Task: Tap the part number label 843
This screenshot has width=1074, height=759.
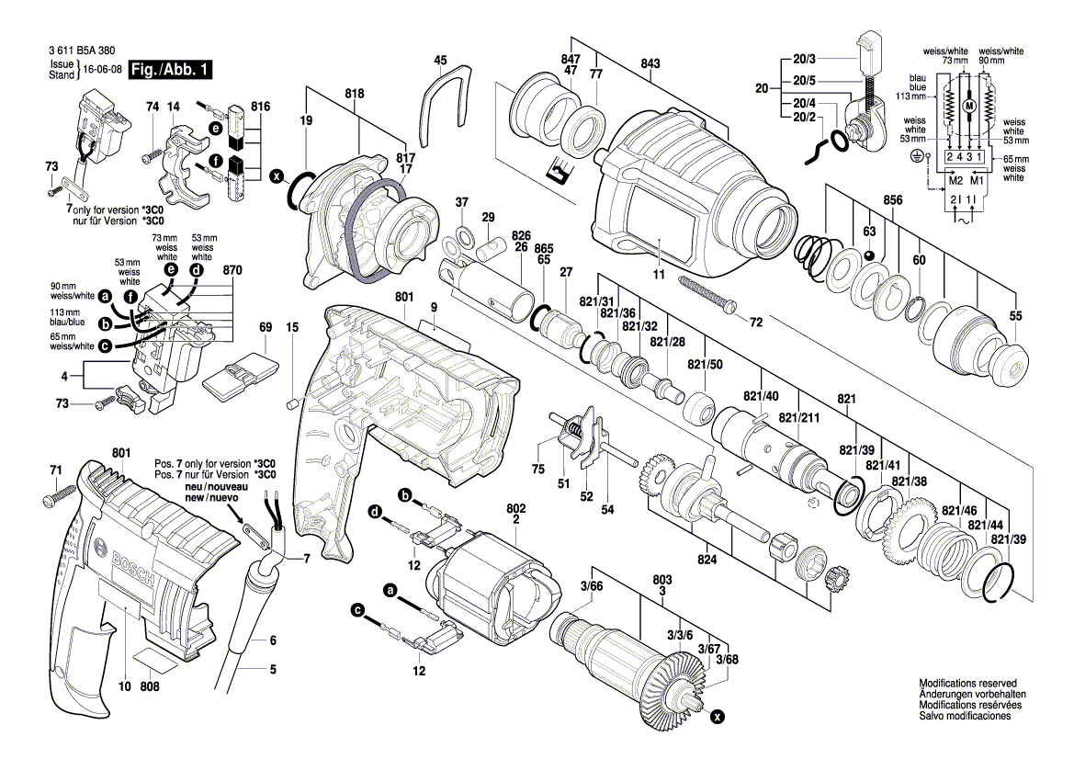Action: [650, 63]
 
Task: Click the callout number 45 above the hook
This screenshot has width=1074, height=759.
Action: [441, 61]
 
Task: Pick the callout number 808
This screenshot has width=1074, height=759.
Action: [151, 685]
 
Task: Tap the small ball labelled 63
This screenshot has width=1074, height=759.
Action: [868, 254]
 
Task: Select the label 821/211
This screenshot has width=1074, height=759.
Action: [799, 418]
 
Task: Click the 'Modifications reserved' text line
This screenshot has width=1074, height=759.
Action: [967, 684]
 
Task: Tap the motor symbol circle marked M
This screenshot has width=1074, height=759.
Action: [967, 107]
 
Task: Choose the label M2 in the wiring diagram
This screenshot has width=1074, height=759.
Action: [955, 181]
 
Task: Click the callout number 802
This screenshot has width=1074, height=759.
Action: [515, 506]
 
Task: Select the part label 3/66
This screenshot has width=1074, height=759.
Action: [591, 585]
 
